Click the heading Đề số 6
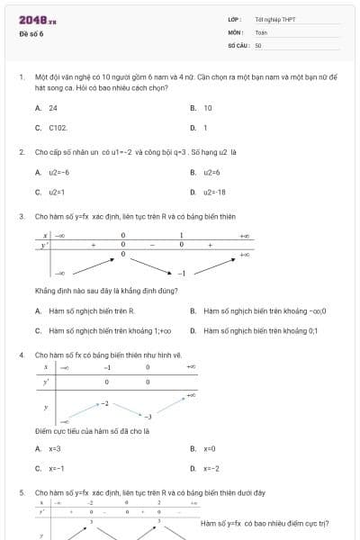pos(31,34)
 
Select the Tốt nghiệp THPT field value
pos(274,19)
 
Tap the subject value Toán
pos(261,31)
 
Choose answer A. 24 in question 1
pos(47,108)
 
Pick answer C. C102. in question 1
pos(51,128)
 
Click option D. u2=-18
pos(209,192)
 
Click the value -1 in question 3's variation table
pos(181,272)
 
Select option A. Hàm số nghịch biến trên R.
pos(85,311)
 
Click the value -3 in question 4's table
pos(148,418)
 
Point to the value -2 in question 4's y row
pos(104,404)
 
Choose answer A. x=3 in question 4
pos(49,448)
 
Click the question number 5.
pos(21,493)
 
